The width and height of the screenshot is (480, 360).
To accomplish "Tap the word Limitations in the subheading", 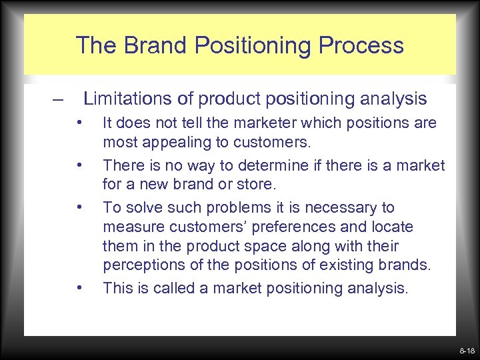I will pyautogui.click(x=123, y=99).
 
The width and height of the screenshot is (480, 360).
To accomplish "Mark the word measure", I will pyautogui.click(x=130, y=227).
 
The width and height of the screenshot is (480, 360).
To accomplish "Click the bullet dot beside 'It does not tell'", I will pyautogui.click(x=79, y=123).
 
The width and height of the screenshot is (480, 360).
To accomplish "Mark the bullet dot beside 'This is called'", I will pyautogui.click(x=79, y=287).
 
